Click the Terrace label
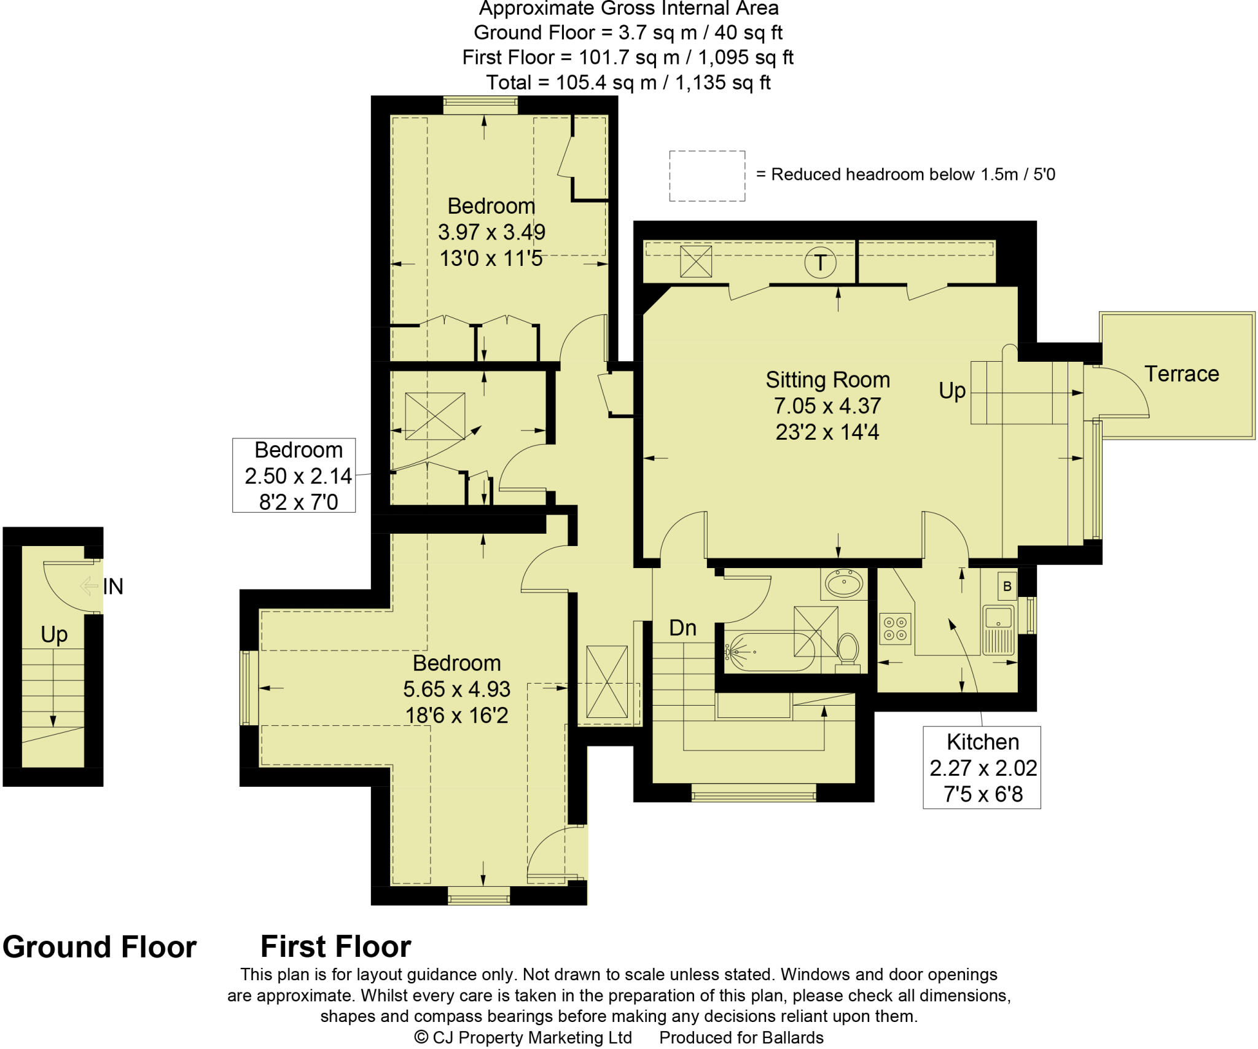(x=1181, y=373)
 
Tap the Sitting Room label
(x=827, y=380)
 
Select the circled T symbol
(x=820, y=263)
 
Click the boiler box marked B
(x=1007, y=585)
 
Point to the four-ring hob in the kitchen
(x=895, y=628)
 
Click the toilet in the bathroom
(x=848, y=652)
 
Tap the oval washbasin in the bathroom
(x=844, y=583)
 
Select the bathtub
(x=770, y=651)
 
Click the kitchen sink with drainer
(x=998, y=630)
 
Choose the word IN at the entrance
(x=113, y=587)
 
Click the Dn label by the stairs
(x=682, y=628)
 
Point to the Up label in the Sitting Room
(x=952, y=391)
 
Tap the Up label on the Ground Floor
(x=54, y=634)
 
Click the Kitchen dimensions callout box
(x=982, y=767)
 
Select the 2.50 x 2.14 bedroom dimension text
(x=298, y=476)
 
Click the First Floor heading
(x=335, y=946)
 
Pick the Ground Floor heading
(x=100, y=946)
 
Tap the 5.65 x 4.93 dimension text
(x=456, y=689)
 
